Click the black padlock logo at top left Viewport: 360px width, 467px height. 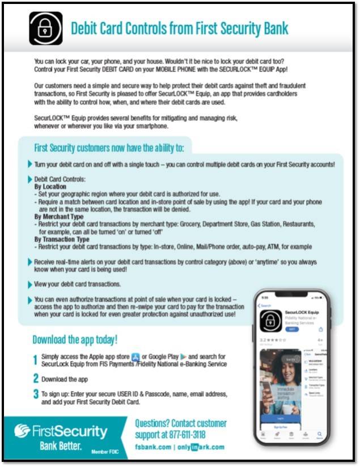click(45, 28)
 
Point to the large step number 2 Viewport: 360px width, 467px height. click(36, 378)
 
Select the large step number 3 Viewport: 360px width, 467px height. click(36, 393)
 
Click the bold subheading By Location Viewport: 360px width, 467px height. click(50, 186)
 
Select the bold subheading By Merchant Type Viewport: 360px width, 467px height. click(60, 217)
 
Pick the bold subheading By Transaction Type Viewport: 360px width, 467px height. click(63, 239)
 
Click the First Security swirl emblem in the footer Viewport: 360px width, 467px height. click(20, 431)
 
